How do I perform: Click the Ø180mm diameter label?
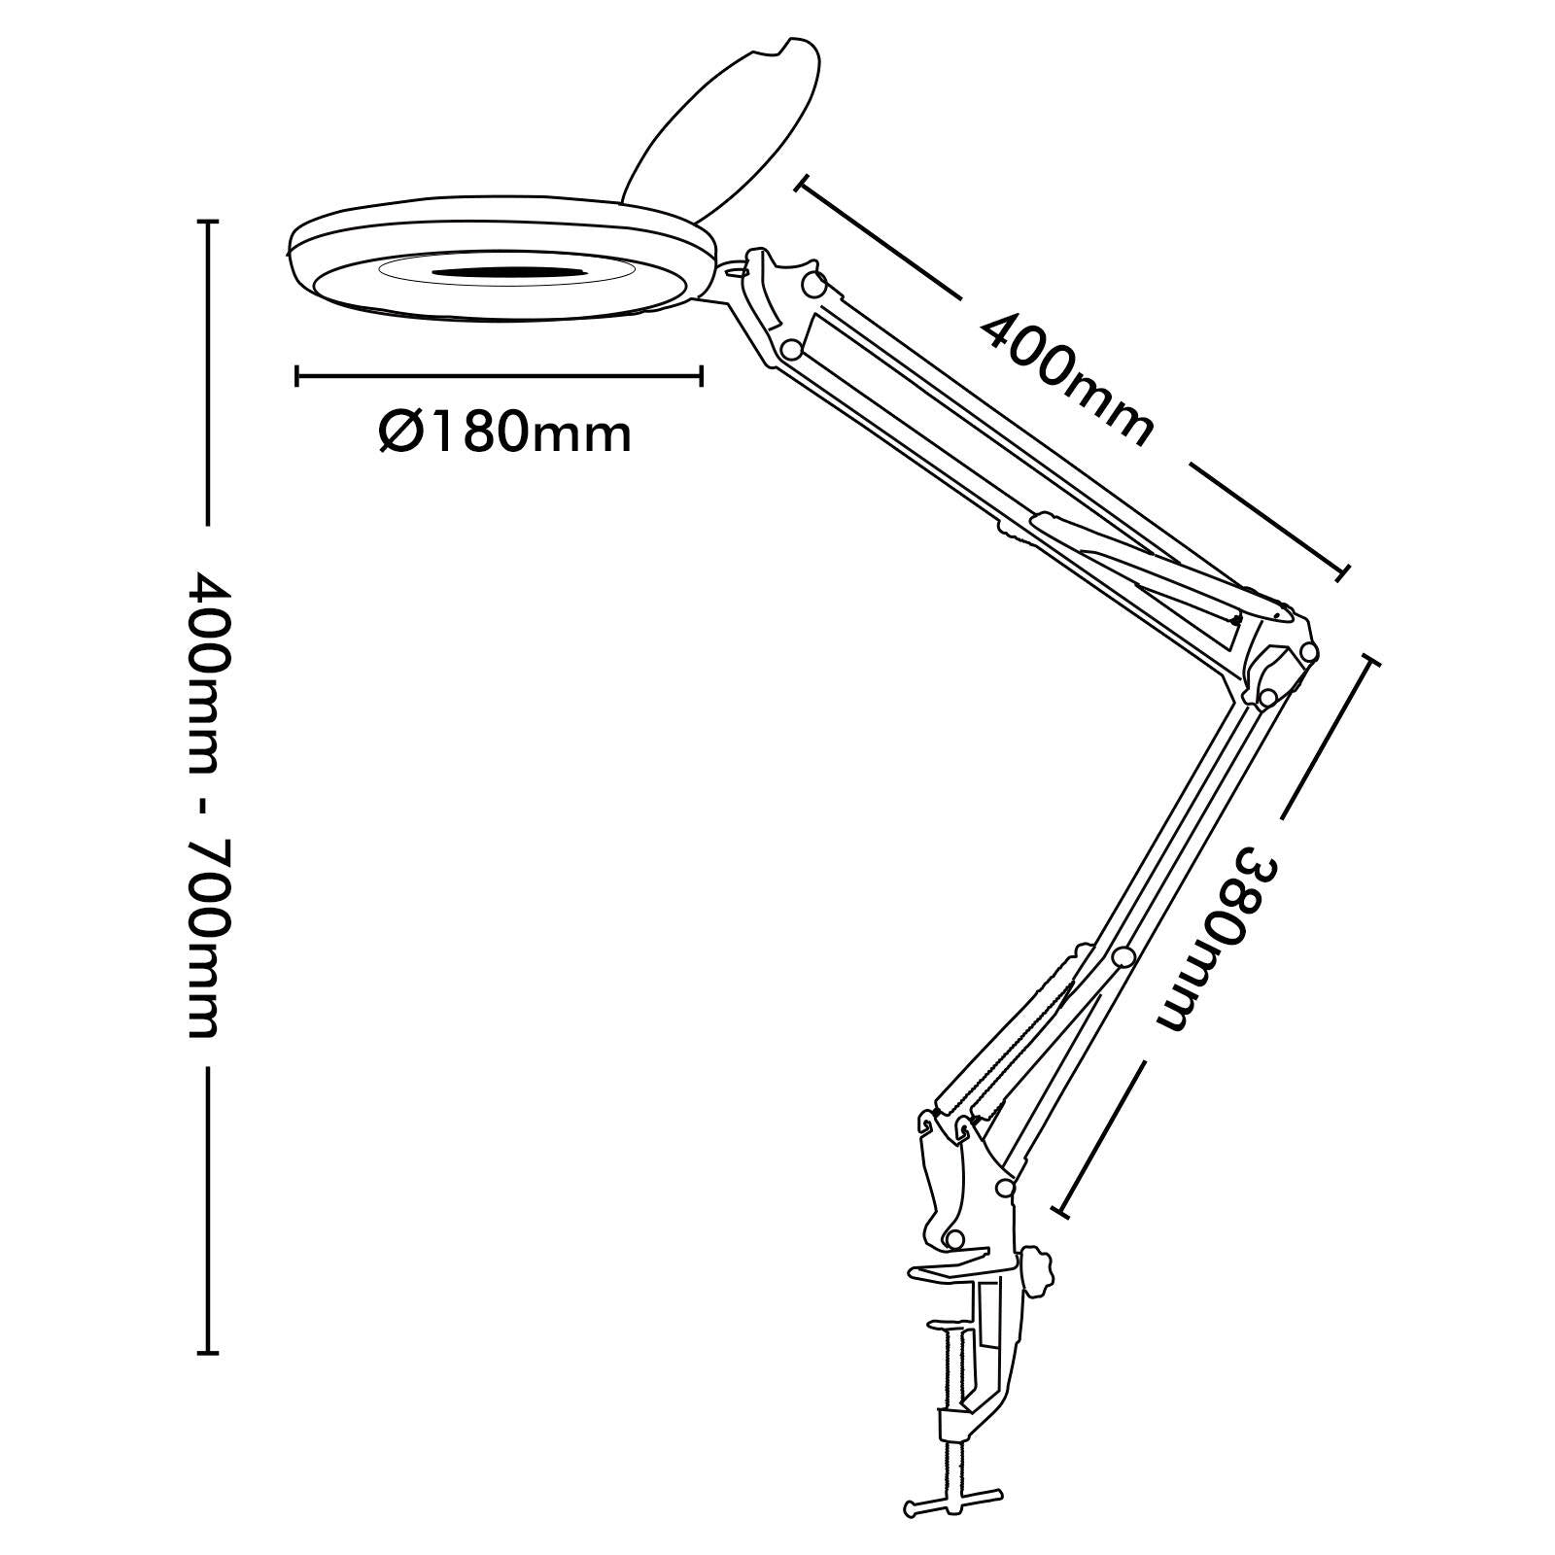(505, 432)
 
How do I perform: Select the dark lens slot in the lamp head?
(506, 275)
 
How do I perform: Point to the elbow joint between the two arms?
(1279, 661)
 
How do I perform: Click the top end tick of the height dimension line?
(207, 223)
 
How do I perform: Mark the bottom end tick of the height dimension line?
(207, 1352)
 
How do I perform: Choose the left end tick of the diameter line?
(297, 375)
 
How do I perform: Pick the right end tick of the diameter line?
(700, 375)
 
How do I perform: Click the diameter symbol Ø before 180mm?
(399, 432)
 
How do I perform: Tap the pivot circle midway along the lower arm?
(1124, 957)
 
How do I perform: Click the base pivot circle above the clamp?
(955, 1238)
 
